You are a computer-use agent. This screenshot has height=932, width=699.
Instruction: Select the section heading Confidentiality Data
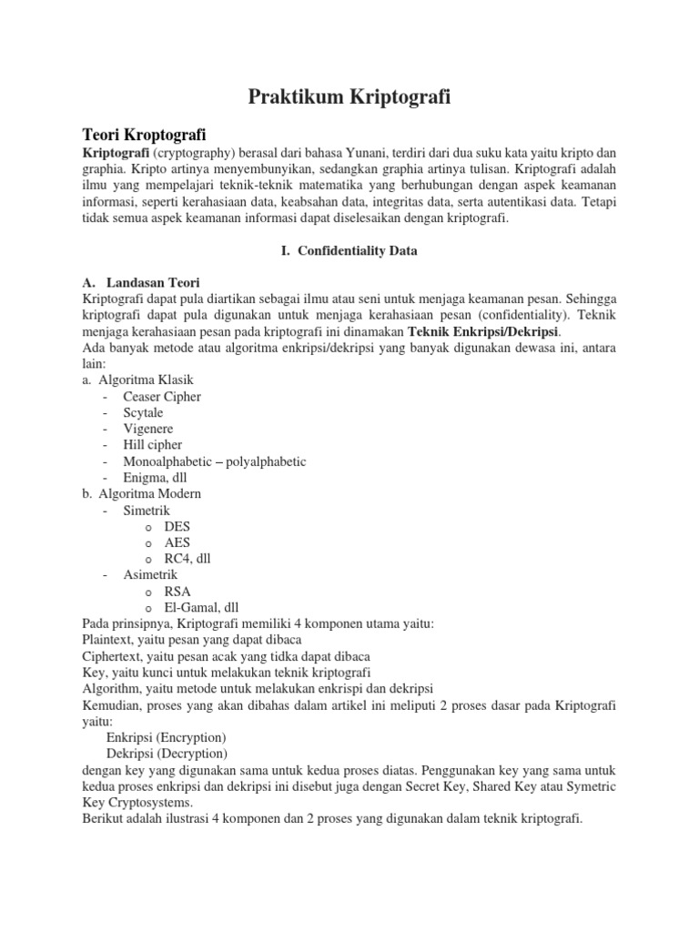click(x=349, y=251)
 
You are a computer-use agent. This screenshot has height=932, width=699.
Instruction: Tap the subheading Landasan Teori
click(x=153, y=282)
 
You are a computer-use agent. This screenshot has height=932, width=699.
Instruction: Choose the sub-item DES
click(x=177, y=526)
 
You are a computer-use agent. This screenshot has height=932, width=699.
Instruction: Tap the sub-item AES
click(x=177, y=542)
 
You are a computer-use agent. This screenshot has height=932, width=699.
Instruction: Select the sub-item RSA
click(x=177, y=591)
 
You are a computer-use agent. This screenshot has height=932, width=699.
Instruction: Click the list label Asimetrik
click(x=149, y=574)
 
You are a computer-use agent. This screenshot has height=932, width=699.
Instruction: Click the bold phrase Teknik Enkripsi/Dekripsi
click(x=482, y=331)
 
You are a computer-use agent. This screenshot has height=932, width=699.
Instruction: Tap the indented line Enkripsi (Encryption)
click(x=166, y=736)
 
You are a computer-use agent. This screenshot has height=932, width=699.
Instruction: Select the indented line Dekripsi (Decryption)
click(x=167, y=753)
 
